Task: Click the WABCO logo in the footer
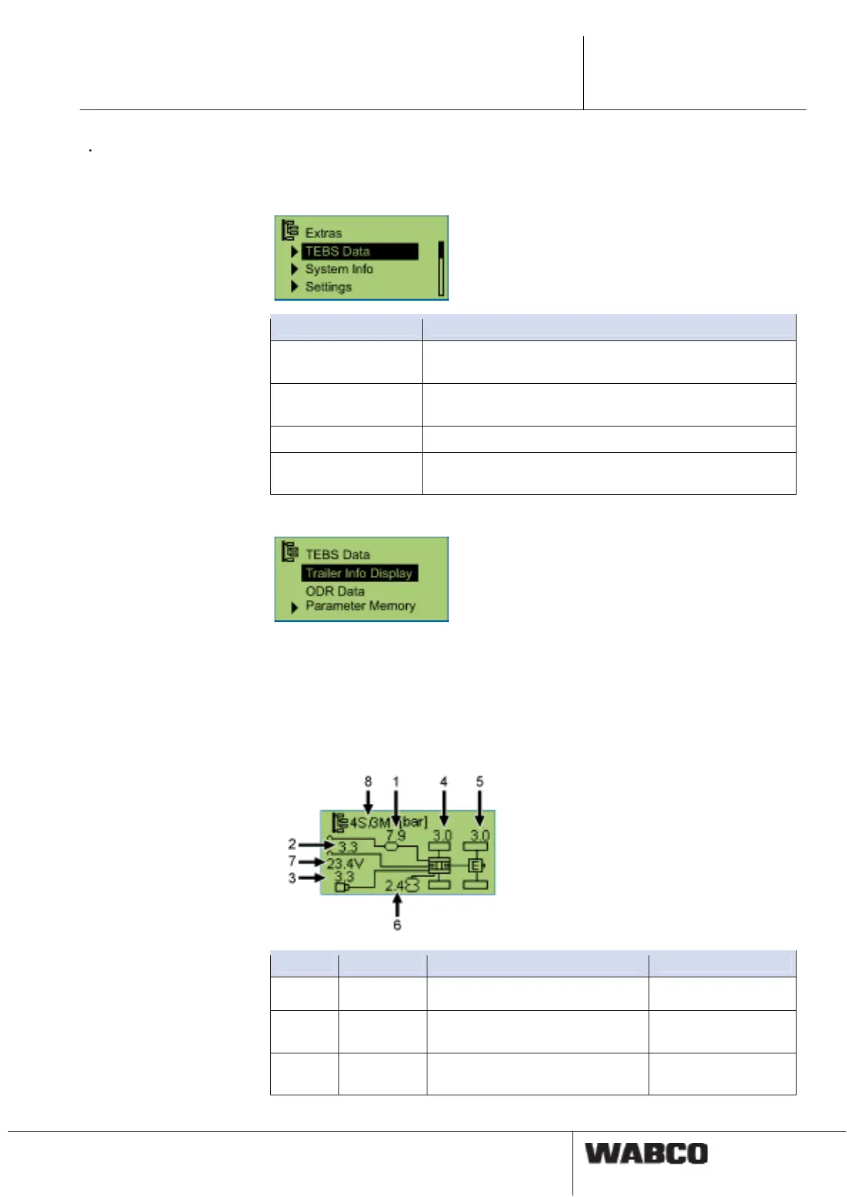[646, 1153]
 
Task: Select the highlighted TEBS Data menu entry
[359, 252]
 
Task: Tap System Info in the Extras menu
[339, 269]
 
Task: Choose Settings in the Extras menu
[328, 287]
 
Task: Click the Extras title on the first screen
[323, 233]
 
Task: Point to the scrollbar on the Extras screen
[441, 269]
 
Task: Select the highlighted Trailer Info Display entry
[359, 573]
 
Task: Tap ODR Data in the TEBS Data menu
[335, 591]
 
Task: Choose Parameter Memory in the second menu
[360, 606]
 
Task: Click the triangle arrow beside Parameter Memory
[294, 608]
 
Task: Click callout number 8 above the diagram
[368, 781]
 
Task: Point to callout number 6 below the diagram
[397, 925]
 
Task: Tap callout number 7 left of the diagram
[292, 861]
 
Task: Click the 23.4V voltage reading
[346, 864]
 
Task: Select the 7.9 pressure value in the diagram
[395, 835]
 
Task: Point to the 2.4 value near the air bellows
[394, 886]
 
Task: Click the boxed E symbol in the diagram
[476, 865]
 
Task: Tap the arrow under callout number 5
[479, 810]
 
